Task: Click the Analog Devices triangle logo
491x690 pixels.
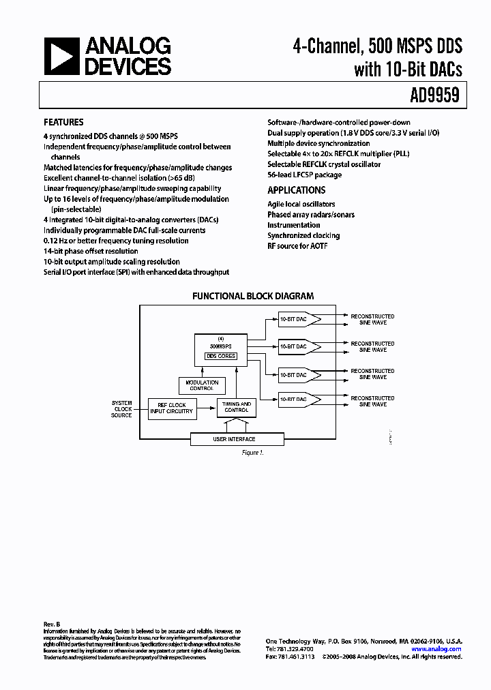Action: click(61, 57)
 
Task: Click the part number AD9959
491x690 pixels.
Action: click(434, 96)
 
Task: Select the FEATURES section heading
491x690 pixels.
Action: click(63, 123)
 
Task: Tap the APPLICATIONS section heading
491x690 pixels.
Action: click(296, 190)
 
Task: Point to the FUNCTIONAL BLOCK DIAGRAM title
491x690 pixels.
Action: click(252, 296)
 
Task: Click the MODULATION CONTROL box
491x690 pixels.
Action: click(202, 386)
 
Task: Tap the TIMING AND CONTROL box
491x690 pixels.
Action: click(237, 407)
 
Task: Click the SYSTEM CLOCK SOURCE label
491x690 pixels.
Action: click(121, 409)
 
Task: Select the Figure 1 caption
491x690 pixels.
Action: click(252, 453)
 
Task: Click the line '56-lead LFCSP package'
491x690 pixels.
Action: click(304, 175)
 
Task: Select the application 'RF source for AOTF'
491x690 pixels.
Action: click(297, 245)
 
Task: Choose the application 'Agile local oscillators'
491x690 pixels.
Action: click(301, 204)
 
